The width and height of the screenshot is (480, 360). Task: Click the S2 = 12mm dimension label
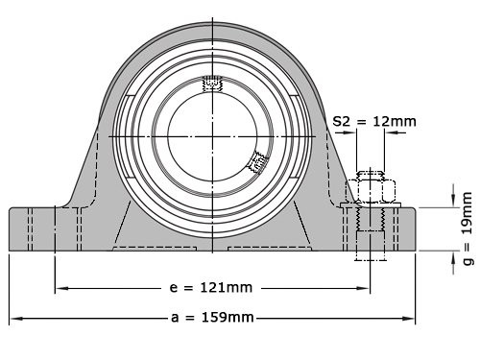click(x=375, y=121)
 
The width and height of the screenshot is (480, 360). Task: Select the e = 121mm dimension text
click(x=210, y=287)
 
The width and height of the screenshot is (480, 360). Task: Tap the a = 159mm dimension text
click(x=212, y=318)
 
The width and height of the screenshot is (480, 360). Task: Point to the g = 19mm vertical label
click(x=468, y=227)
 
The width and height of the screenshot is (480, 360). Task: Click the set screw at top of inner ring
click(x=211, y=85)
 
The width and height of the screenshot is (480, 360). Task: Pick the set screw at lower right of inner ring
click(x=256, y=163)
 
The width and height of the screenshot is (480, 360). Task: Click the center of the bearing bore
click(x=211, y=135)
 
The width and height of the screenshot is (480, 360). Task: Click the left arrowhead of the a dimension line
click(x=13, y=318)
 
